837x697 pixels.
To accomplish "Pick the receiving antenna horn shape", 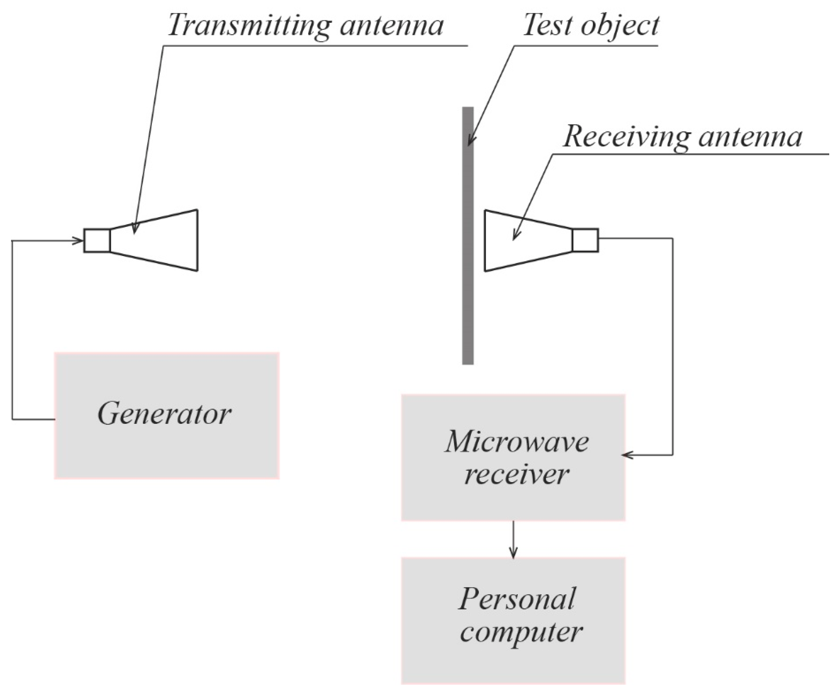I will [x=526, y=240].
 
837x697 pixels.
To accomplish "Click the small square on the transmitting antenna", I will [x=97, y=240].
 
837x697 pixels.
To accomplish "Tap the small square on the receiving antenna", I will [x=585, y=240].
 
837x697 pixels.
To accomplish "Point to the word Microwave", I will [x=517, y=442].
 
